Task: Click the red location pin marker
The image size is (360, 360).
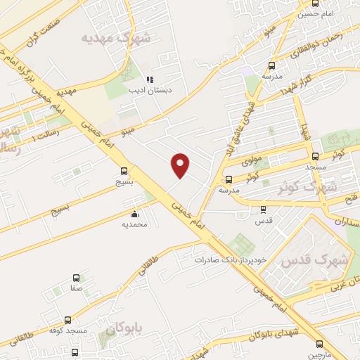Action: click(181, 166)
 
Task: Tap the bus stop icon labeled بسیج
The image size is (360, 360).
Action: click(124, 170)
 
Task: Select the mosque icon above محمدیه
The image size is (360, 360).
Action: click(134, 214)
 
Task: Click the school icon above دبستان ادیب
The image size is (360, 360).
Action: click(149, 80)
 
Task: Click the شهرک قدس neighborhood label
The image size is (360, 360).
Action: click(314, 259)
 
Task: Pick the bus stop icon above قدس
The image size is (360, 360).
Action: click(263, 210)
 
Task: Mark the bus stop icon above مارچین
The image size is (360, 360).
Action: click(320, 344)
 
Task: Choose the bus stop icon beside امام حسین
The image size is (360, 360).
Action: click(315, 4)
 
